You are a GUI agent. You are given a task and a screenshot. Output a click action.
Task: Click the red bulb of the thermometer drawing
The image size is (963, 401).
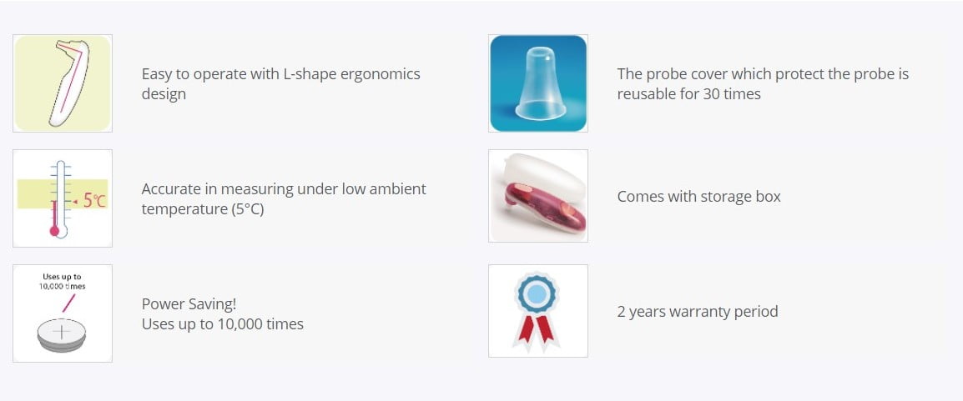click(55, 231)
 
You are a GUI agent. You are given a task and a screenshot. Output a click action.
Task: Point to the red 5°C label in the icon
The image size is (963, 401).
click(94, 200)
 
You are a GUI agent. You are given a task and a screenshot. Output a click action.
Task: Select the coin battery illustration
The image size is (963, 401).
click(62, 335)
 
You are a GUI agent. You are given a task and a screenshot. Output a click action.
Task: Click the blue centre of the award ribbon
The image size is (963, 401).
click(537, 293)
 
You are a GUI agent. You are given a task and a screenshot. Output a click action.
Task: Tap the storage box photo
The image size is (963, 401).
click(538, 196)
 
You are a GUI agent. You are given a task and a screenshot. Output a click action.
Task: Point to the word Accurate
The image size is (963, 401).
click(170, 189)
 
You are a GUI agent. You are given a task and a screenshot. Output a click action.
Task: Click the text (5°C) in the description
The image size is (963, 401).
click(248, 209)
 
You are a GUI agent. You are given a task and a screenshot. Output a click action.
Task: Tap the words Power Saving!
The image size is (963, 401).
click(189, 304)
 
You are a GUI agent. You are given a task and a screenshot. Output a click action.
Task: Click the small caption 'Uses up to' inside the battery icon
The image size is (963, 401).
click(62, 277)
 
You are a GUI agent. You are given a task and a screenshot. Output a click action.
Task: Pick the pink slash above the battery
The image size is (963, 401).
click(68, 303)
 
